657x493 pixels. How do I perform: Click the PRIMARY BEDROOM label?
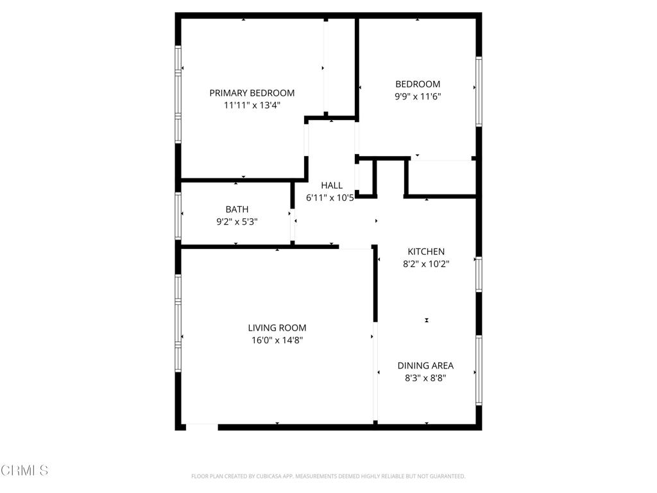coord(252,93)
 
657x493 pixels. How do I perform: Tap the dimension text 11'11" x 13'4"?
coord(252,105)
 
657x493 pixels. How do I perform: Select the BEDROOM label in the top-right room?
coord(418,84)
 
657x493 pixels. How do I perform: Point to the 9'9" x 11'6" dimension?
coord(418,96)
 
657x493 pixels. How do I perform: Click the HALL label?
coord(332,186)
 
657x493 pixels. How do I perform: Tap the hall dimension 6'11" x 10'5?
coord(330,198)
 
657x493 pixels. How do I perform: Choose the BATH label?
coord(237,209)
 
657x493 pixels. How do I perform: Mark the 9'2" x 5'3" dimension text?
coord(237,221)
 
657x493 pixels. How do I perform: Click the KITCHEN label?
coord(426,252)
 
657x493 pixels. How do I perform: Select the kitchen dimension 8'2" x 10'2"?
coord(426,263)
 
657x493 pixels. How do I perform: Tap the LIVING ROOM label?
coord(277,328)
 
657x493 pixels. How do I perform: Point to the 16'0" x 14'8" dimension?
coord(277,340)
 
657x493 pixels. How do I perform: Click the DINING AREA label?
coord(425,366)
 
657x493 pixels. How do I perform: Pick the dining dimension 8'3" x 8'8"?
coord(425,378)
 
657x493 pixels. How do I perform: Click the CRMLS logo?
coord(24,471)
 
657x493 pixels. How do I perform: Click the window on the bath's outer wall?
coord(178,216)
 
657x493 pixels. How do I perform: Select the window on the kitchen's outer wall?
coord(479,274)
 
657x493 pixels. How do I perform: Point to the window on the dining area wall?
coord(479,370)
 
